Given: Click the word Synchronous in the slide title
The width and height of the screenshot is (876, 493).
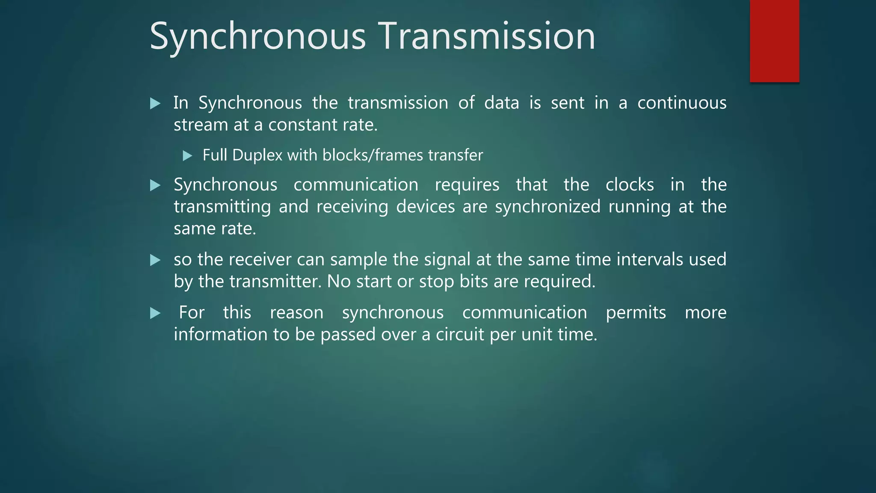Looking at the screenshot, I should (258, 36).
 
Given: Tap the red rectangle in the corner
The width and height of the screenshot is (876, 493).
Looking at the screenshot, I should (774, 41).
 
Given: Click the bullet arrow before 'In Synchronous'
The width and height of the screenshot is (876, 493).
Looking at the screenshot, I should (155, 104).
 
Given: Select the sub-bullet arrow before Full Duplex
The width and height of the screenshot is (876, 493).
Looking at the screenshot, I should (187, 156).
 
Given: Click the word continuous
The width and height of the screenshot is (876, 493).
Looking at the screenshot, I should (681, 103).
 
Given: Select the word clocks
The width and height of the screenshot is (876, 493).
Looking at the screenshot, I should (630, 185).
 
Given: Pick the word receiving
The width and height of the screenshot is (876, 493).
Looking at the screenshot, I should (352, 207).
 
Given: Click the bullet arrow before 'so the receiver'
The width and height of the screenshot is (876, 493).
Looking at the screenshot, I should (155, 260).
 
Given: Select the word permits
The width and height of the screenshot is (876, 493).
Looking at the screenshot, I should (636, 312).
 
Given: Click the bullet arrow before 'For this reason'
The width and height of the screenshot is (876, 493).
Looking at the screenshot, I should (155, 313).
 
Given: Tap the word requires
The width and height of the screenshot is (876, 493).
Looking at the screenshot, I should (467, 185).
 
